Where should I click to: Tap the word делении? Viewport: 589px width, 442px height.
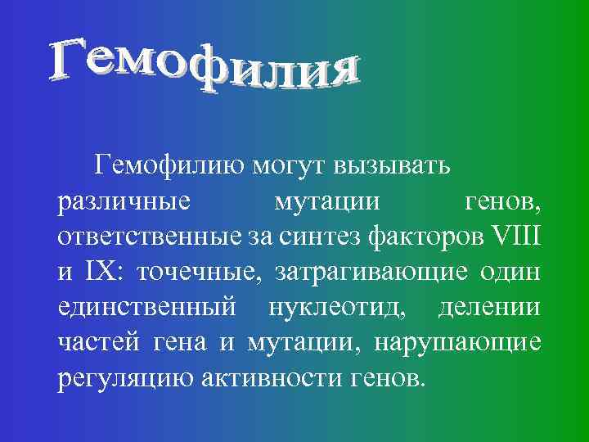tap(489, 309)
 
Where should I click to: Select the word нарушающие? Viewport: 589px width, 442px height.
tap(457, 344)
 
